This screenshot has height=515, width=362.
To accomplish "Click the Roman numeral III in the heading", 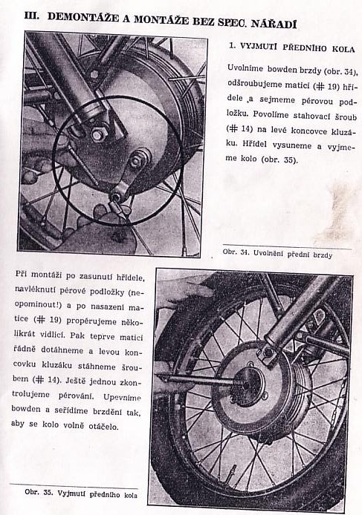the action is tap(32, 16).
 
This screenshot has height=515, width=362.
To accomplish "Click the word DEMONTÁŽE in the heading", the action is tap(83, 18).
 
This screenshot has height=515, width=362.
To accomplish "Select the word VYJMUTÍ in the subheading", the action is tap(259, 46).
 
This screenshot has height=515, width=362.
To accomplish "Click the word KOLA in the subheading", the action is tap(343, 49).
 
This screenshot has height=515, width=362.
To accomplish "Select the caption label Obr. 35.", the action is tap(39, 492).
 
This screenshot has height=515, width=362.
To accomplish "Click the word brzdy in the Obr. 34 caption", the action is tap(323, 255).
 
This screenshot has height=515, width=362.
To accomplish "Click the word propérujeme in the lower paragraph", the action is tap(91, 321).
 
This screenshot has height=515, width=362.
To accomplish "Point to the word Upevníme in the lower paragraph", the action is tap(122, 397).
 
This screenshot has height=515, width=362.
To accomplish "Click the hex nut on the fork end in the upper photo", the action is tap(97, 134).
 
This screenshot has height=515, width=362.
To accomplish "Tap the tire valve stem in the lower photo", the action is tap(233, 470).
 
